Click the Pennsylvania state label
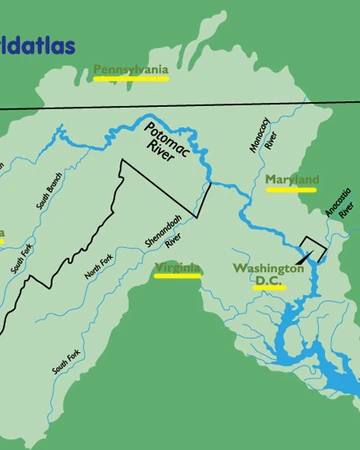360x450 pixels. [130, 69]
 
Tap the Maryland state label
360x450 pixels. [292, 180]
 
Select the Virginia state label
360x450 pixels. [177, 268]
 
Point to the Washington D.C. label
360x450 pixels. [268, 275]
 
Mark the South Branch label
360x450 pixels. [49, 189]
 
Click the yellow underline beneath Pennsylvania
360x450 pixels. [130, 78]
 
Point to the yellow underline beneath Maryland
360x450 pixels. [292, 189]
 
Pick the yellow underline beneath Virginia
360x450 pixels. [178, 277]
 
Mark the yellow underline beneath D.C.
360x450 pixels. [269, 289]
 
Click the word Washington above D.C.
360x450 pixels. [268, 268]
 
